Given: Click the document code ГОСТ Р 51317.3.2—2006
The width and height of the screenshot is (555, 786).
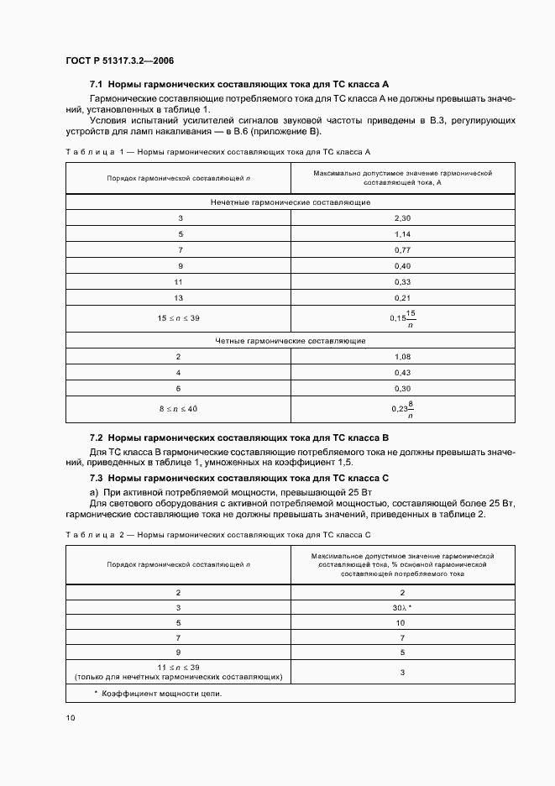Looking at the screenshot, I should point(119,61).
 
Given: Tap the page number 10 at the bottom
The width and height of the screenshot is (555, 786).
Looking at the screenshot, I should point(70,718).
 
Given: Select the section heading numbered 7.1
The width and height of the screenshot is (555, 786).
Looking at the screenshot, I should point(238,85).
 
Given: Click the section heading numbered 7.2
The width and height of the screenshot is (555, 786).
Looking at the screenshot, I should point(238,438).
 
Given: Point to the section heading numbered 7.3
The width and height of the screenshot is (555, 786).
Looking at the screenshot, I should point(238,478).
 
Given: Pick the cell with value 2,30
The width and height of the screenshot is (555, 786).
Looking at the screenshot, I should point(402,218).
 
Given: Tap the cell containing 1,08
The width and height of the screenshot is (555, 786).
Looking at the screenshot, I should point(402,357).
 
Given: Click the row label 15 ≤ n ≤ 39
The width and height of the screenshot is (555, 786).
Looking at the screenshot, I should point(178,318).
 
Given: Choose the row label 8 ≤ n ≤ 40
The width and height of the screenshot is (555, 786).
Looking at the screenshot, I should point(178,409).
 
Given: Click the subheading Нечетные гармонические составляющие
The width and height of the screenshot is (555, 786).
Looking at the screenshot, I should point(291,202).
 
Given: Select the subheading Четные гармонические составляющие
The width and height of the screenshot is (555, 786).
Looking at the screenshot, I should point(291,341).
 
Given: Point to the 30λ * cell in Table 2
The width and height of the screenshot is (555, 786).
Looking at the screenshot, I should point(402,607).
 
